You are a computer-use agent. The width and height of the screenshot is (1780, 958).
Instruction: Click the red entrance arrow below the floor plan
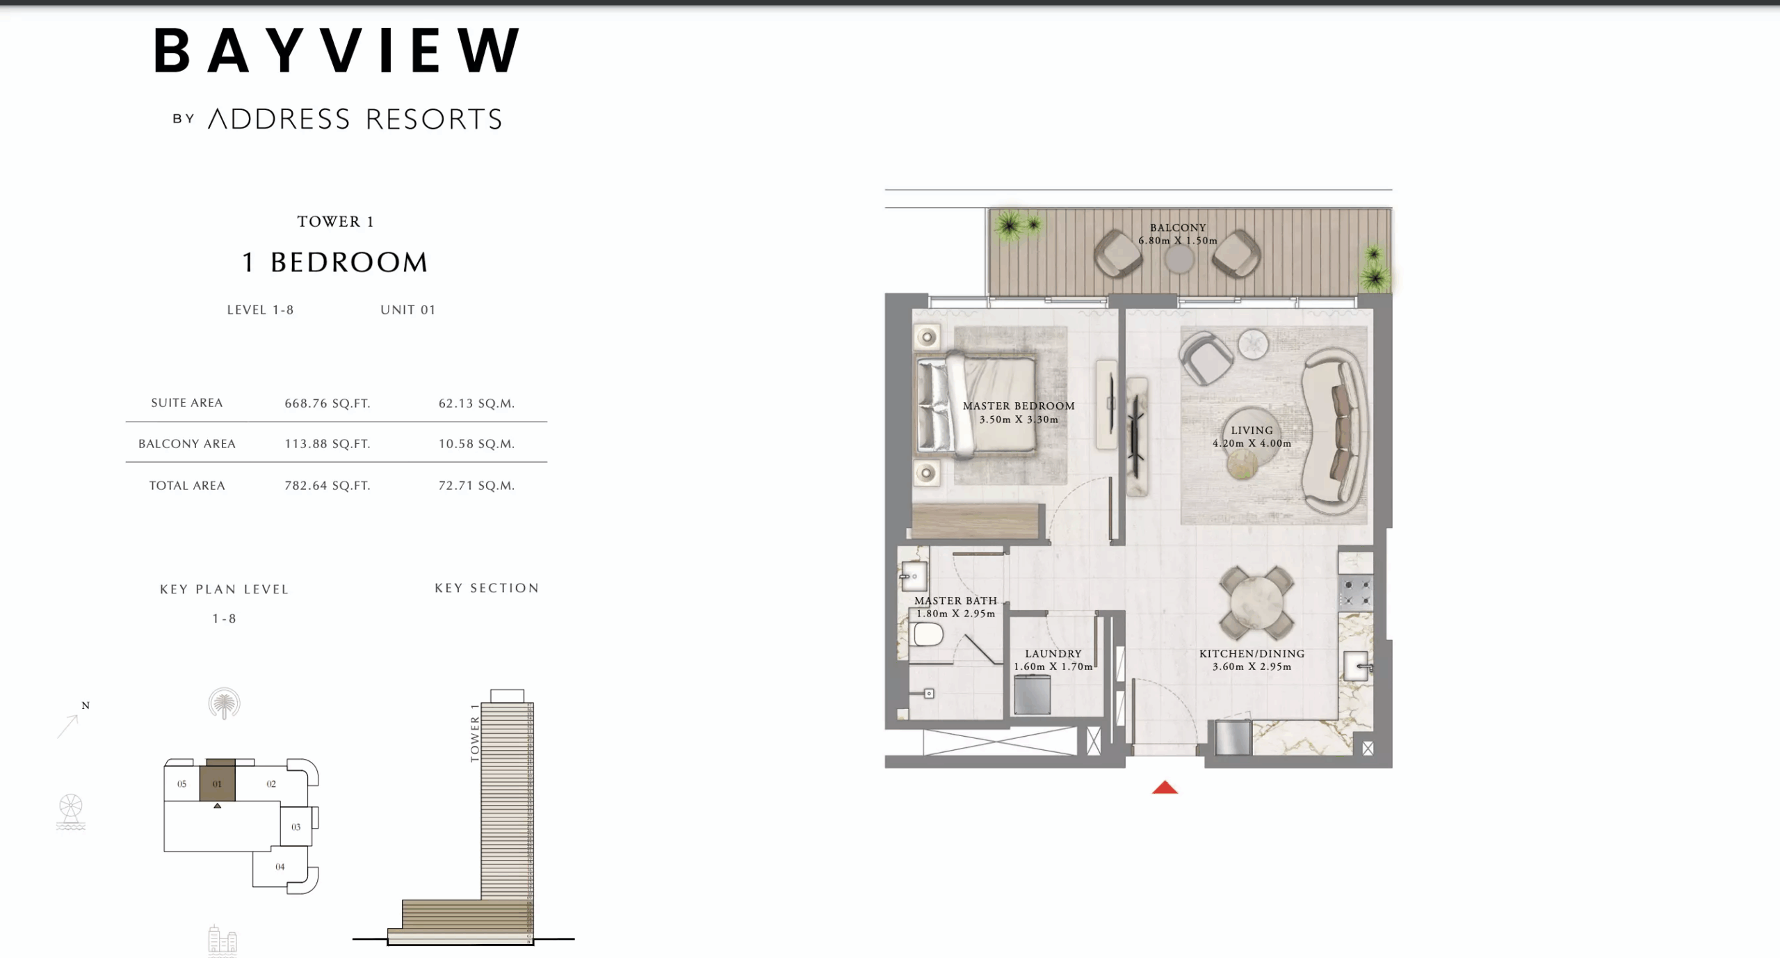tap(1165, 788)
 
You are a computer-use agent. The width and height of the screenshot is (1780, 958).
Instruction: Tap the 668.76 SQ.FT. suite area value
tap(327, 404)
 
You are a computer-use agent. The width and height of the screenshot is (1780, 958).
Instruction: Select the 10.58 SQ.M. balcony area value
tap(476, 444)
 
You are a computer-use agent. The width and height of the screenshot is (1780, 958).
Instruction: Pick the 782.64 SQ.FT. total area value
tap(327, 486)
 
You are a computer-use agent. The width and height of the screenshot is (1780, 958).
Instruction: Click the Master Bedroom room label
tap(1019, 406)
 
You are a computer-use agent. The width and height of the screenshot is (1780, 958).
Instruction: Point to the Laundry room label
tap(1053, 654)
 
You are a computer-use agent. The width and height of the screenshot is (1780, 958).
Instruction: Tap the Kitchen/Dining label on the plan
tap(1252, 654)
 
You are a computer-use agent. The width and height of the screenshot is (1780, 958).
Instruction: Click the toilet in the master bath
tap(928, 634)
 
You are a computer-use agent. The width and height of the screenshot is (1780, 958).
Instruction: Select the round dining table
tap(1256, 602)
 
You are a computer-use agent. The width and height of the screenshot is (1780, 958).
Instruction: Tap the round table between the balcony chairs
tap(1179, 260)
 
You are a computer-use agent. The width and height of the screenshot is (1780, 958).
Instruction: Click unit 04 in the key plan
tap(280, 867)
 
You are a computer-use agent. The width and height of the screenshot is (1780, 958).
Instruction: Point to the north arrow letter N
tap(86, 705)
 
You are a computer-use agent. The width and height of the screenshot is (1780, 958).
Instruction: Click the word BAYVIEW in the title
tap(337, 51)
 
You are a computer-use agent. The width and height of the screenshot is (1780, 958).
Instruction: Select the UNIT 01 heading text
tap(407, 310)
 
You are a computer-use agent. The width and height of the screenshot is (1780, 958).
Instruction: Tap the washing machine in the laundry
tap(1032, 694)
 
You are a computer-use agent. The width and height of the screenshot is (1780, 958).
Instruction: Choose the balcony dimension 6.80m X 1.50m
tap(1178, 241)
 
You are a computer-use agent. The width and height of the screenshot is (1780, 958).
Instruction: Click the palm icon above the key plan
tap(224, 703)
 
